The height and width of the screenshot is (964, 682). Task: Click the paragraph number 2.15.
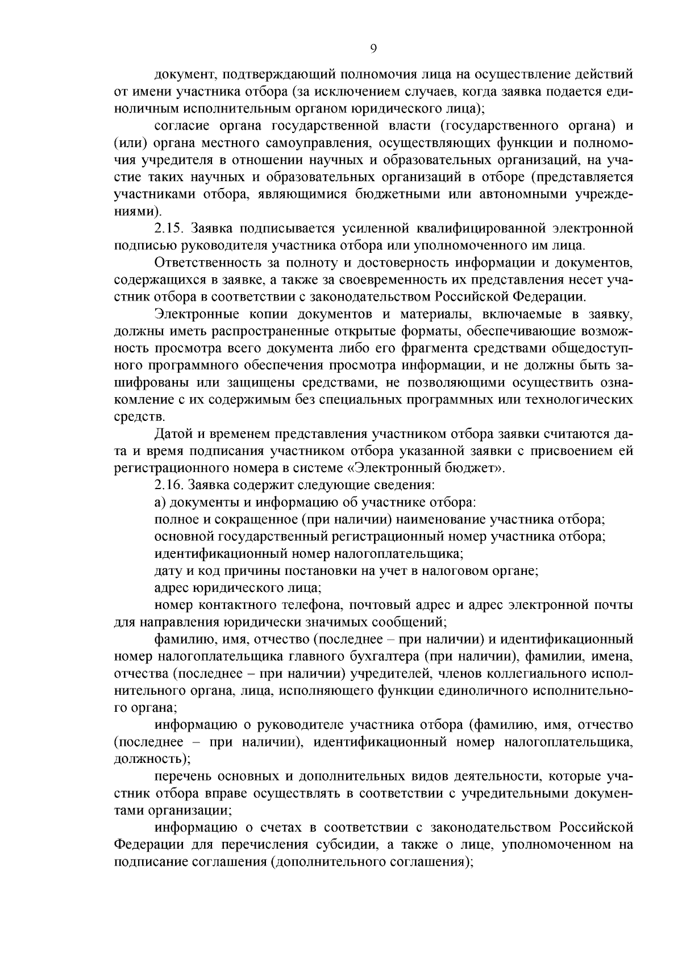pyautogui.click(x=168, y=228)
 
